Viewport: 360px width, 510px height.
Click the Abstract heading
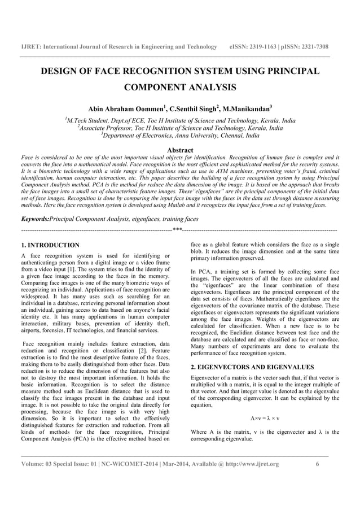tap(180, 150)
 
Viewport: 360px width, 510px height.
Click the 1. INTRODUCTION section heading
tap(50, 245)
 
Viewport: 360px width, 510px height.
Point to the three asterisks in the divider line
tap(177, 230)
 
